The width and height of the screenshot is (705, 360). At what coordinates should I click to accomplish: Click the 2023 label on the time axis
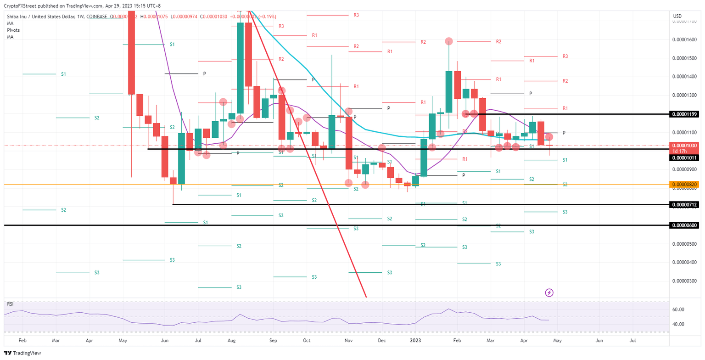415,340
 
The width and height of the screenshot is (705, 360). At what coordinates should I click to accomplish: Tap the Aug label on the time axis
231,340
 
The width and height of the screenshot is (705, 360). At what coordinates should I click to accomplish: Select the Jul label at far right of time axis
632,340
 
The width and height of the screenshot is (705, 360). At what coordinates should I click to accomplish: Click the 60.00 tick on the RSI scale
679,309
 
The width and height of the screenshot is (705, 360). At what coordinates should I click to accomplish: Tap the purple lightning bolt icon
549,292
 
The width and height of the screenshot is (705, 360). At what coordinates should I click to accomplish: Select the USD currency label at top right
677,16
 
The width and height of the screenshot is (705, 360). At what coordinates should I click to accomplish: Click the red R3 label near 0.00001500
565,56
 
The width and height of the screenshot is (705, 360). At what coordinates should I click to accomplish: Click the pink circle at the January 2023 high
448,41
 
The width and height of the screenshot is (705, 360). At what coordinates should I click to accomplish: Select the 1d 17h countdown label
679,151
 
